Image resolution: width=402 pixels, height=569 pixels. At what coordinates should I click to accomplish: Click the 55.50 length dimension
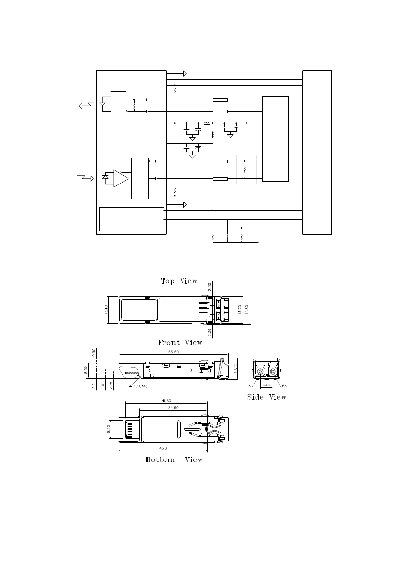(173, 352)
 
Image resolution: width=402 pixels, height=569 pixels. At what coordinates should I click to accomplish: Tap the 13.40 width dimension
(107, 310)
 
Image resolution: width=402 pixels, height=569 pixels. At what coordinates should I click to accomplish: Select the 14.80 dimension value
(247, 310)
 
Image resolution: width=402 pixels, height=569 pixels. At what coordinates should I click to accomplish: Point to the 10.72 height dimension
(235, 369)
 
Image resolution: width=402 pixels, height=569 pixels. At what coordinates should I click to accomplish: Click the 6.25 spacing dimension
(266, 385)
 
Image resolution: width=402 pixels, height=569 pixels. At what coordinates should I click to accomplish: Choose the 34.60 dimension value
(173, 408)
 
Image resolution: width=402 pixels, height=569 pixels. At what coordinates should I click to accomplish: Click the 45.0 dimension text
(163, 448)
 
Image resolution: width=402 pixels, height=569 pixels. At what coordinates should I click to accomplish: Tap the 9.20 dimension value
(108, 430)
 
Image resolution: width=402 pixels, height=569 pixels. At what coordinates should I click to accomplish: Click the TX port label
(249, 386)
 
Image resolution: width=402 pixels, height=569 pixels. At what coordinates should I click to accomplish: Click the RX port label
(284, 386)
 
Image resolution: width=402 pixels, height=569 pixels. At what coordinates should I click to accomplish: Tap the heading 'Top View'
(179, 281)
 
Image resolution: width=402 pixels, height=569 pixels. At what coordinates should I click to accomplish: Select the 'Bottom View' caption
(174, 460)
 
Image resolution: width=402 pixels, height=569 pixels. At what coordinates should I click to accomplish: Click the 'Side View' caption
(267, 397)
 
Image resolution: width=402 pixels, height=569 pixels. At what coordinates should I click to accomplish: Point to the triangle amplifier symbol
(121, 178)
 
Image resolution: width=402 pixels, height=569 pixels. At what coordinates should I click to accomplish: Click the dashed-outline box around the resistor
(246, 169)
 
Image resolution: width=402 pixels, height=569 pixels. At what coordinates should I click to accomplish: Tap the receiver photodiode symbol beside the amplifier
(106, 177)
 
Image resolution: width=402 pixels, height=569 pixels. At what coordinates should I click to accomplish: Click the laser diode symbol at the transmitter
(102, 105)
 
